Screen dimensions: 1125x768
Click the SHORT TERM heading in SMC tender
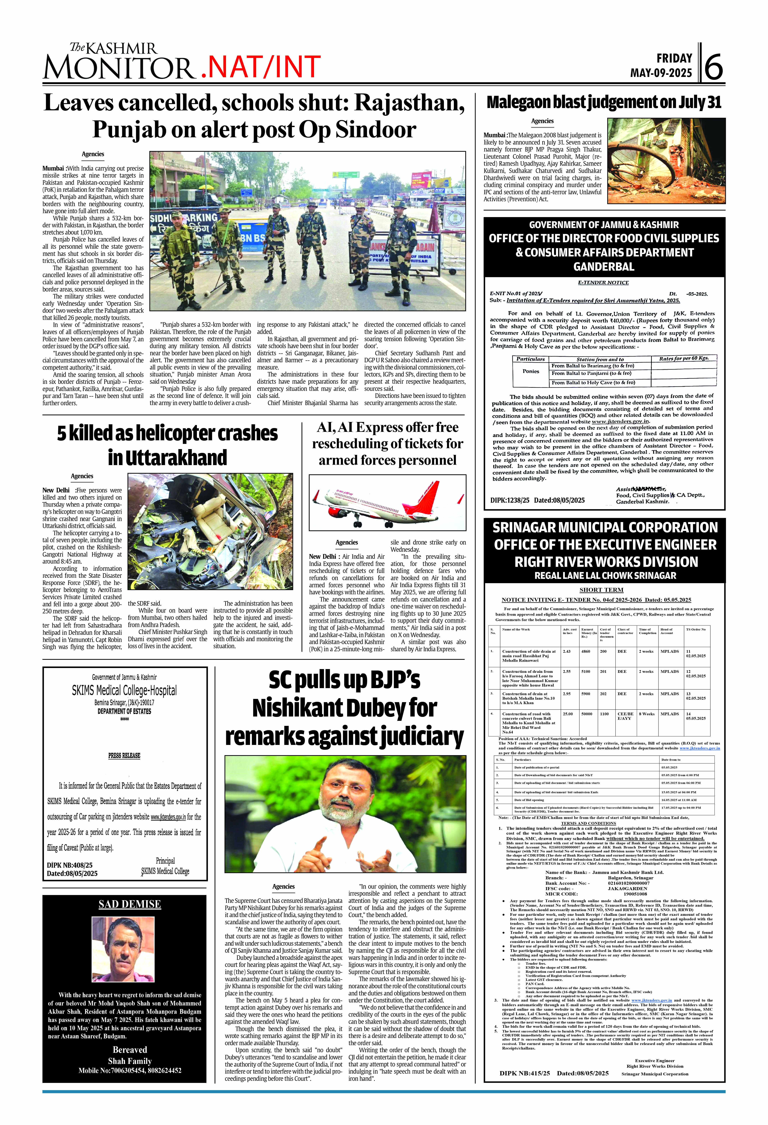pos(601,590)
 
